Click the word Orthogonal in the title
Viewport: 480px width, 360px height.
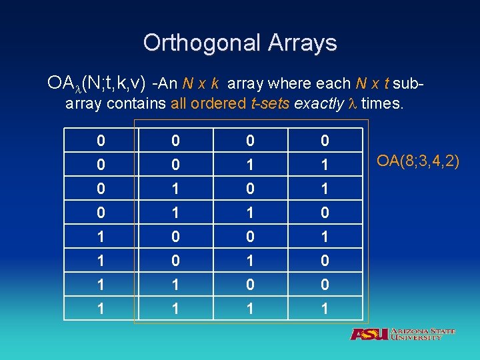tap(202, 43)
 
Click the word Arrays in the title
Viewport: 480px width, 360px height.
tap(303, 43)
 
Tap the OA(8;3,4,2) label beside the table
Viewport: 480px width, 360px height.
tap(418, 161)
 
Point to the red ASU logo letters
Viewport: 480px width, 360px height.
tap(369, 334)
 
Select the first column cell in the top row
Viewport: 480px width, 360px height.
tap(100, 141)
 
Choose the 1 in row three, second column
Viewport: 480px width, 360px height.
tap(174, 189)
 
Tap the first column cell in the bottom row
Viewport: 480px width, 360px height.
tap(100, 309)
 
